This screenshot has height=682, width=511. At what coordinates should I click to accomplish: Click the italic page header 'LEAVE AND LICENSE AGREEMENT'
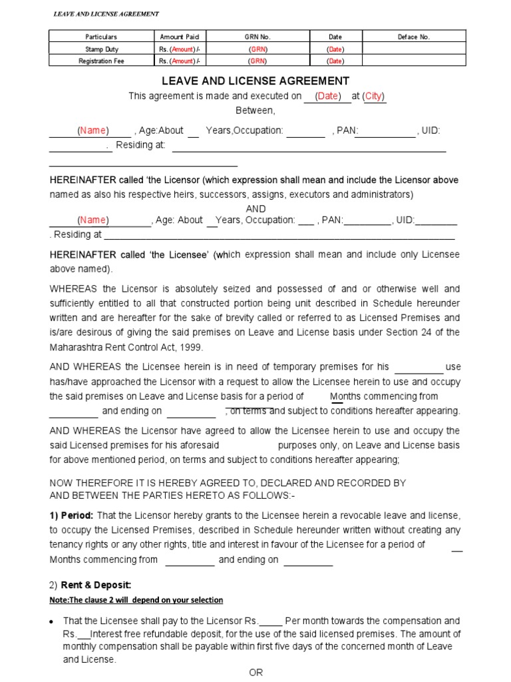pyautogui.click(x=106, y=14)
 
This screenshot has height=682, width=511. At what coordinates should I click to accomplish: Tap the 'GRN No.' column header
pyautogui.click(x=258, y=37)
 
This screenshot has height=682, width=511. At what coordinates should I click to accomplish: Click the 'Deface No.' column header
pyautogui.click(x=414, y=37)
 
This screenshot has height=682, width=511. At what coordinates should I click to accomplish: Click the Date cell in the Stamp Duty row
pyautogui.click(x=335, y=49)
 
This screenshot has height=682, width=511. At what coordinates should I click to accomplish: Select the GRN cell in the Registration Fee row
pyautogui.click(x=258, y=61)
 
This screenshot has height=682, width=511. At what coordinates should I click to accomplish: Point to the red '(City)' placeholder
pyautogui.click(x=374, y=96)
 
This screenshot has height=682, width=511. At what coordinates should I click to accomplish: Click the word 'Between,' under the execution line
pyautogui.click(x=255, y=110)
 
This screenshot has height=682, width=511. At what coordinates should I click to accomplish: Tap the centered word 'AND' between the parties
pyautogui.click(x=255, y=208)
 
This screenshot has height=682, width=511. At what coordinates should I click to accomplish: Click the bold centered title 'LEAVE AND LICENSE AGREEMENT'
pyautogui.click(x=256, y=81)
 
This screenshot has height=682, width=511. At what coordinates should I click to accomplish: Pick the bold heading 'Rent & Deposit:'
pyautogui.click(x=96, y=585)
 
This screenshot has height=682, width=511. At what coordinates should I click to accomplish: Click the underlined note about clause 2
pyautogui.click(x=136, y=600)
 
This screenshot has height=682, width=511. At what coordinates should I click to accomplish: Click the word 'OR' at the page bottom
pyautogui.click(x=256, y=672)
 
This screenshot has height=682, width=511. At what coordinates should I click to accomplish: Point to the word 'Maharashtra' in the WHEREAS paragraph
pyautogui.click(x=77, y=347)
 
